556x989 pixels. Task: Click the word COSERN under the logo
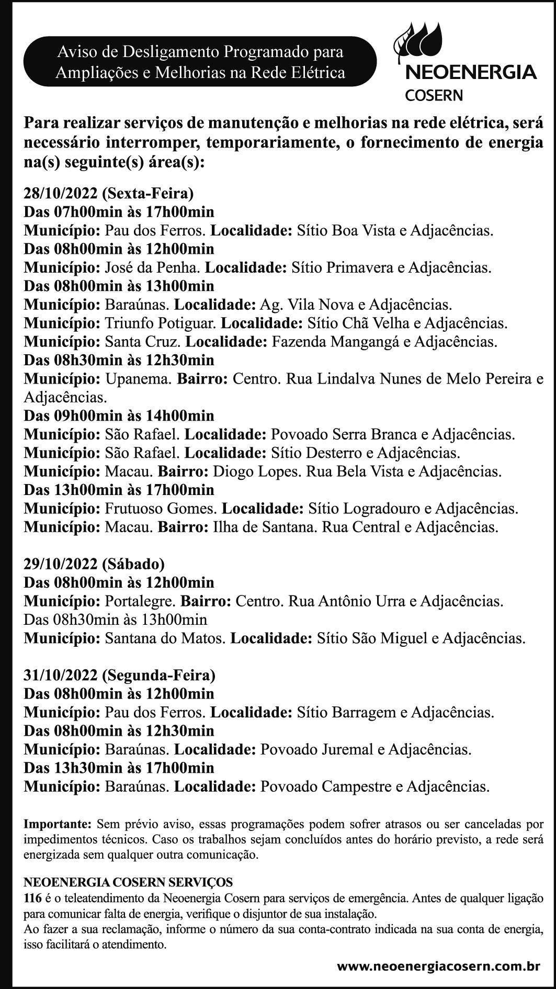[434, 95]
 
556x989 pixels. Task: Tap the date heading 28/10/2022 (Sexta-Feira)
[109, 194]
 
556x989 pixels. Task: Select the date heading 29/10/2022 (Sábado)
[94, 564]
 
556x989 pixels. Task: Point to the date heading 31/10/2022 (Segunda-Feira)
[119, 676]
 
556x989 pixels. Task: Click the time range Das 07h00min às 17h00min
[119, 212]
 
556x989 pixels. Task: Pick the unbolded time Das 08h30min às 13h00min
[116, 620]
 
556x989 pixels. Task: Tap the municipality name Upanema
[138, 379]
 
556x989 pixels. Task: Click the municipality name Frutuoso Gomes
[161, 509]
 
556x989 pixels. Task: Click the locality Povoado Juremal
[315, 750]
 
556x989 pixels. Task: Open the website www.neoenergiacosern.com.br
[438, 966]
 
